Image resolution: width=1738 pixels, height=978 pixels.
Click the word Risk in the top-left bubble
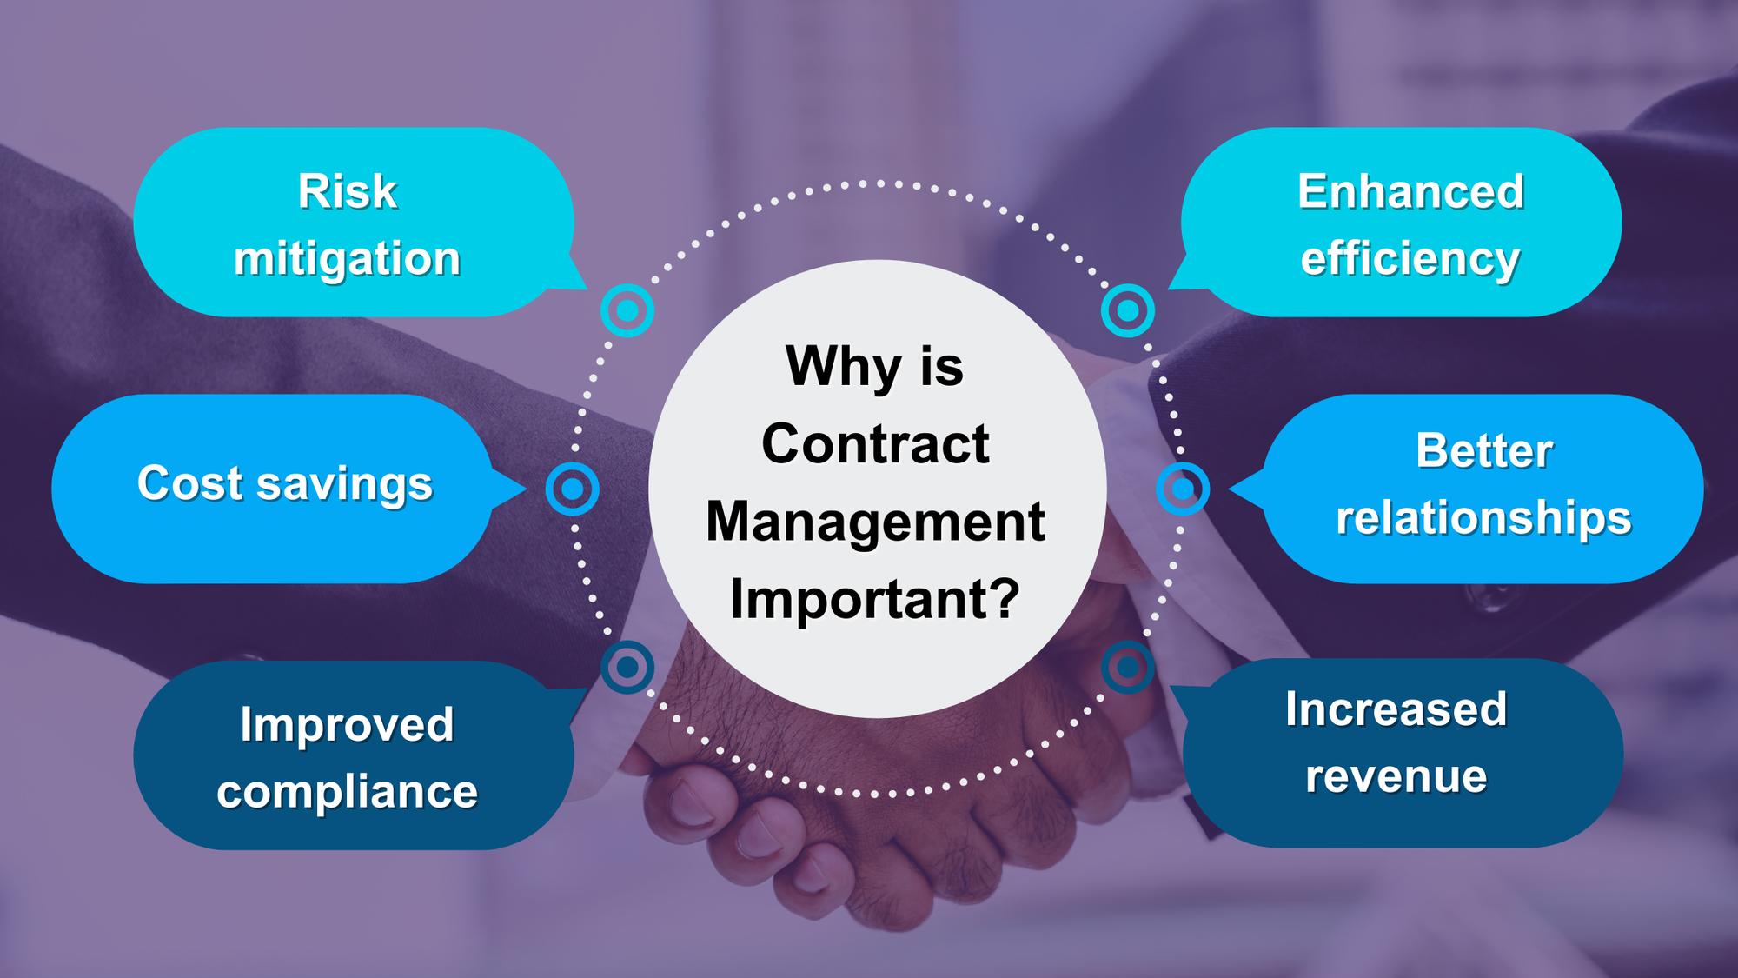[348, 191]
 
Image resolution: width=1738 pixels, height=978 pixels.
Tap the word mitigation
[347, 259]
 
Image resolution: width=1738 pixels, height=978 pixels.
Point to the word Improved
[347, 724]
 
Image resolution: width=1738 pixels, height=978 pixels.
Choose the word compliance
[347, 792]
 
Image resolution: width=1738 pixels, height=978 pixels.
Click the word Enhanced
[1410, 191]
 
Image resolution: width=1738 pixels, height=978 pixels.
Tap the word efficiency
[1410, 259]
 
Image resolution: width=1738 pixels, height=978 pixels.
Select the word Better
[1484, 450]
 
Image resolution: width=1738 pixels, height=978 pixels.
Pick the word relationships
[1483, 518]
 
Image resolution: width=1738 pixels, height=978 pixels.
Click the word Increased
[1396, 709]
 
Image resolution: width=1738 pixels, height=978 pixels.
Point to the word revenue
[1396, 776]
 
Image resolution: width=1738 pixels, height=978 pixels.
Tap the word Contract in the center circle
[875, 443]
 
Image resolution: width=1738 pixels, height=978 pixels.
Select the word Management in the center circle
[875, 522]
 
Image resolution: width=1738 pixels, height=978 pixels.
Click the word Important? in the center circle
[875, 599]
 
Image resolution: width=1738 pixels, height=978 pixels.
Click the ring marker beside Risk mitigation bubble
[627, 310]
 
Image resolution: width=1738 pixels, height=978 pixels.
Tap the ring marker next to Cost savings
[572, 489]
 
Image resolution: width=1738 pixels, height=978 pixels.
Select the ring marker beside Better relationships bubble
[1183, 489]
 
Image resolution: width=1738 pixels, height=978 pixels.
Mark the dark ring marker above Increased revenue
[1128, 667]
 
